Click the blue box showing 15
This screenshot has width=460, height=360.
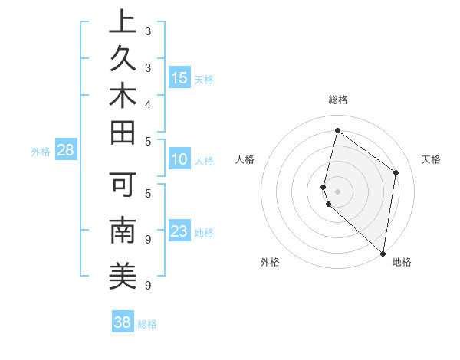pyautogui.click(x=179, y=77)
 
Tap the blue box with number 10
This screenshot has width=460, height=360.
pyautogui.click(x=179, y=159)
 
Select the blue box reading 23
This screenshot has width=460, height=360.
pyautogui.click(x=179, y=231)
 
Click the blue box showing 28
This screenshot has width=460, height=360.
pyautogui.click(x=65, y=150)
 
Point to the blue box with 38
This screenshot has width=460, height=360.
pyautogui.click(x=123, y=322)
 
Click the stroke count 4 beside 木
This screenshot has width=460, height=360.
pyautogui.click(x=147, y=103)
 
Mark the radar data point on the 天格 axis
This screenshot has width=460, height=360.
pyautogui.click(x=396, y=172)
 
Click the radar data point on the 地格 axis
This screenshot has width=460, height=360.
pyautogui.click(x=383, y=254)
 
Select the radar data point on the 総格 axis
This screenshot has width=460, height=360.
pyautogui.click(x=337, y=130)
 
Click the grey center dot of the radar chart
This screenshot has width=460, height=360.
pyautogui.click(x=337, y=191)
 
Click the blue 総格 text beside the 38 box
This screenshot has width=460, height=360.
pyautogui.click(x=147, y=324)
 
